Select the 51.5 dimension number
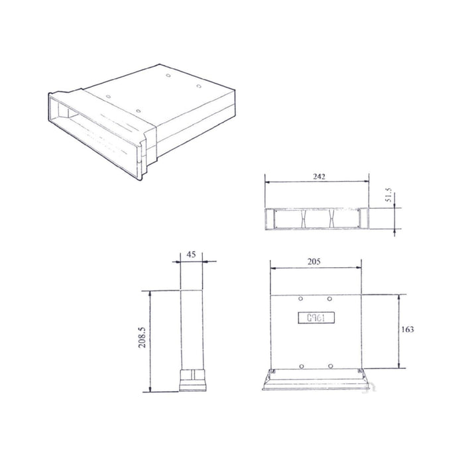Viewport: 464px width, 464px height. (389, 198)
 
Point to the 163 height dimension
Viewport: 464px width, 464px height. (409, 329)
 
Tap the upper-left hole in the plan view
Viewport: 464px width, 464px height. (301, 298)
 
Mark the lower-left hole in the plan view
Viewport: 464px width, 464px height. (301, 365)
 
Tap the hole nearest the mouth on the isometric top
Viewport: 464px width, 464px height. (137, 110)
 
